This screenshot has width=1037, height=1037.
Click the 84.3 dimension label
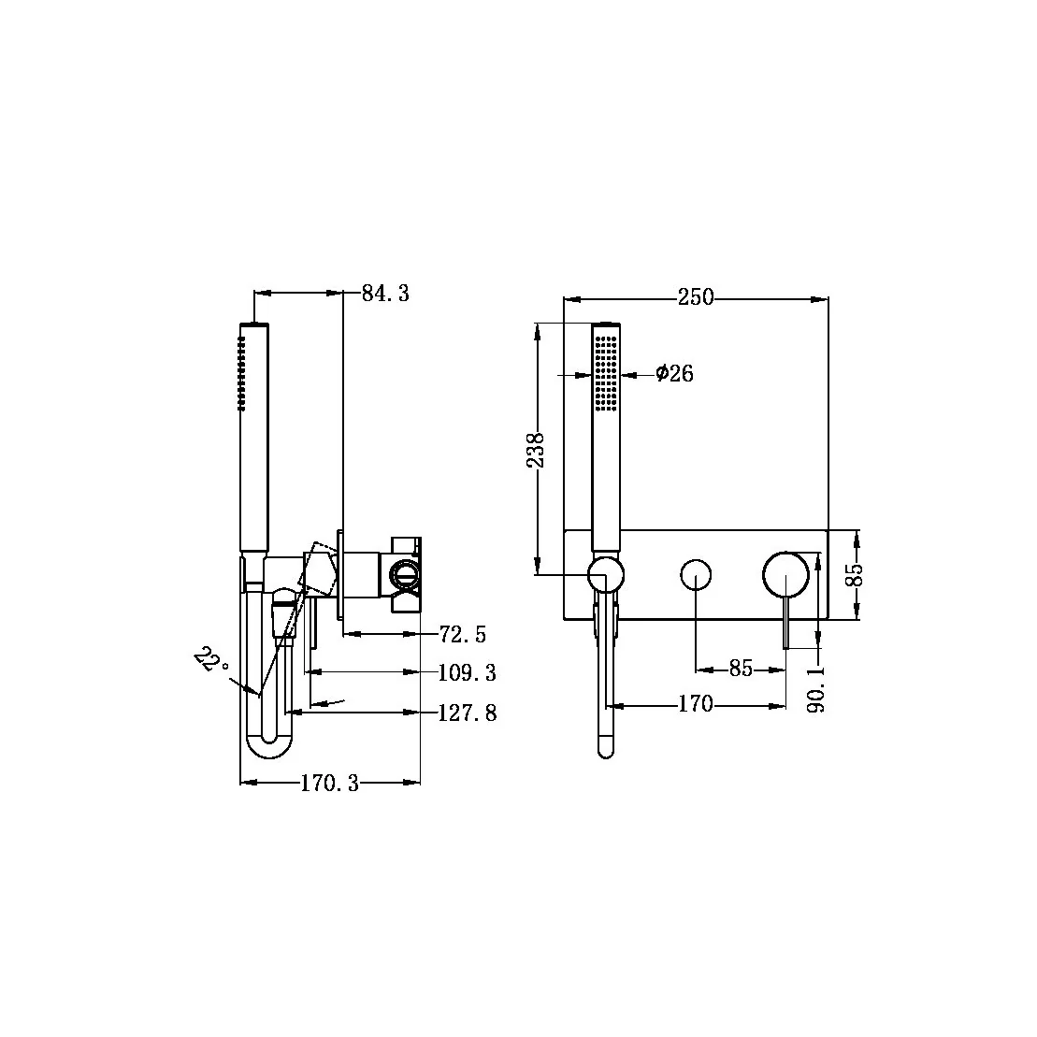point(385,294)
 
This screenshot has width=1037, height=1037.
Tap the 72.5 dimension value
point(462,635)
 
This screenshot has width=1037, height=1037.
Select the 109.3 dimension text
point(467,672)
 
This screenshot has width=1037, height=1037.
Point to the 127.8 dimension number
point(467,713)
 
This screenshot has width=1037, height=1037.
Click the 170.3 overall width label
point(329,784)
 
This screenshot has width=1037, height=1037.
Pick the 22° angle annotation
point(212,662)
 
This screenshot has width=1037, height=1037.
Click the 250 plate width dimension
point(695,297)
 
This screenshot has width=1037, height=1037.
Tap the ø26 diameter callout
point(674,374)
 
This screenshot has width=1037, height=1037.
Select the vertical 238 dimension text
point(536,451)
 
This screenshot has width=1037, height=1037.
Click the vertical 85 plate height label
point(852,574)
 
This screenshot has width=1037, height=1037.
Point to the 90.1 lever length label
point(817,690)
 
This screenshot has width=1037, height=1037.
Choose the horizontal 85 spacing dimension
point(740,670)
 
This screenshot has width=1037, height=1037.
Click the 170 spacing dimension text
point(695,704)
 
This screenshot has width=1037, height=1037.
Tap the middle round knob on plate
point(696,574)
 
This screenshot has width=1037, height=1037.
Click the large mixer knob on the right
point(785,573)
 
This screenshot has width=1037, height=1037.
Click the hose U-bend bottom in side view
point(268,748)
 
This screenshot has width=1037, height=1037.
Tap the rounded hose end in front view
point(605,744)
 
